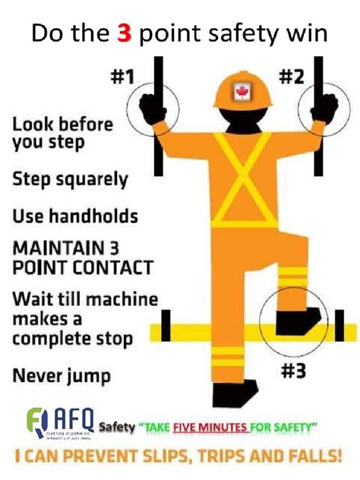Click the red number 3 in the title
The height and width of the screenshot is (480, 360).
(123, 34)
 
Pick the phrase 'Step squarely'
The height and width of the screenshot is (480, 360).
(69, 180)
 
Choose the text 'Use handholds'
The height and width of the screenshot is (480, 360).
(74, 216)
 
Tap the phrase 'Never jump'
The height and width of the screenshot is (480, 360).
(61, 374)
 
